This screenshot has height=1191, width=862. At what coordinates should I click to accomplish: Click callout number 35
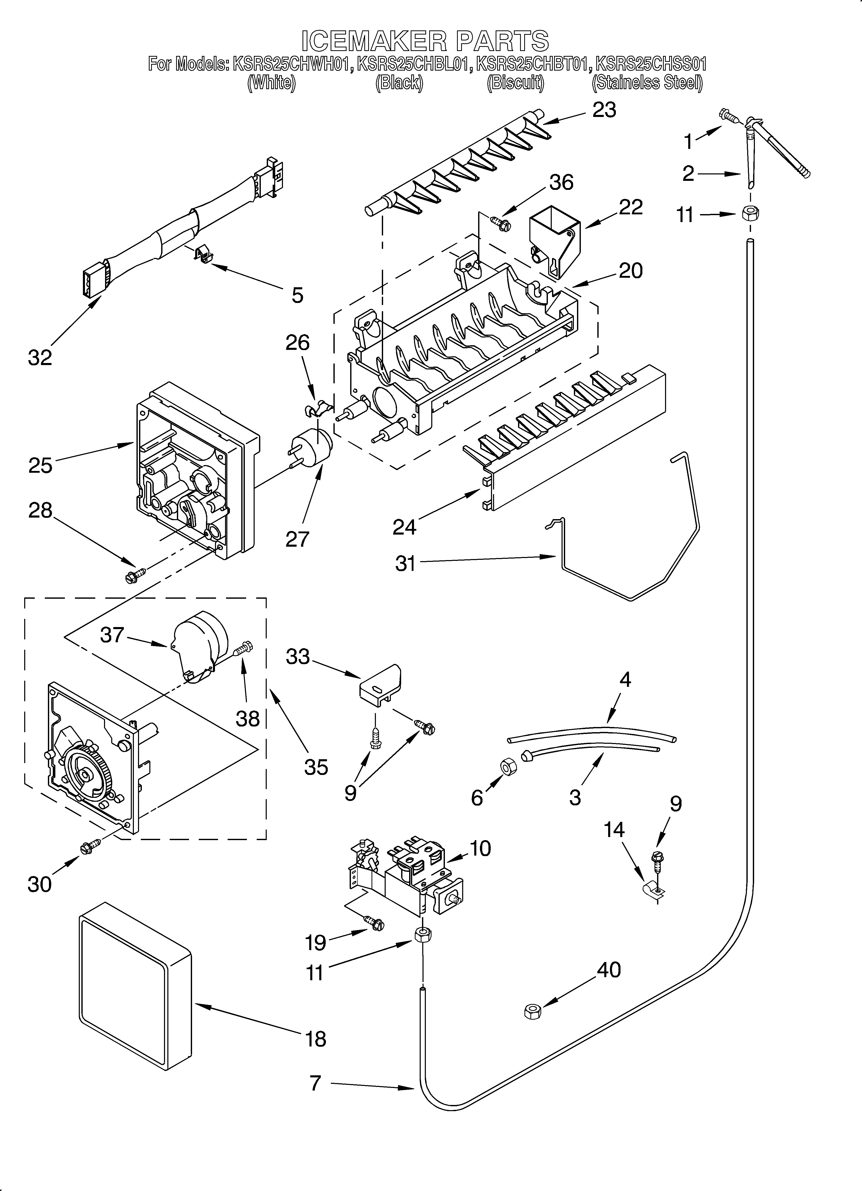(x=316, y=767)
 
